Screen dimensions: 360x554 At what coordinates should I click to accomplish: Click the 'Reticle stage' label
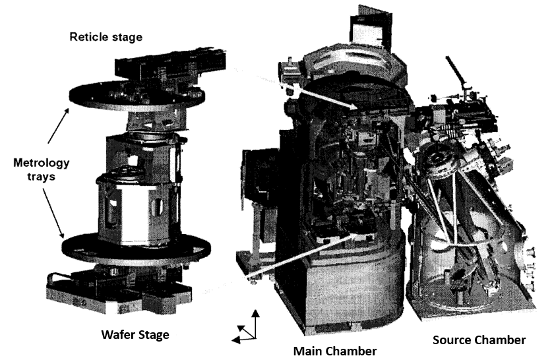[x=106, y=37]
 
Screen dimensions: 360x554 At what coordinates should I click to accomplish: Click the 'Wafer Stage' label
[x=135, y=335]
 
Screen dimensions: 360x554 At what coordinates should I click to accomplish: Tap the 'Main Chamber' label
[x=334, y=350]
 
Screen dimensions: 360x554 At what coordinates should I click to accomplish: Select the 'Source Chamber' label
[x=479, y=340]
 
